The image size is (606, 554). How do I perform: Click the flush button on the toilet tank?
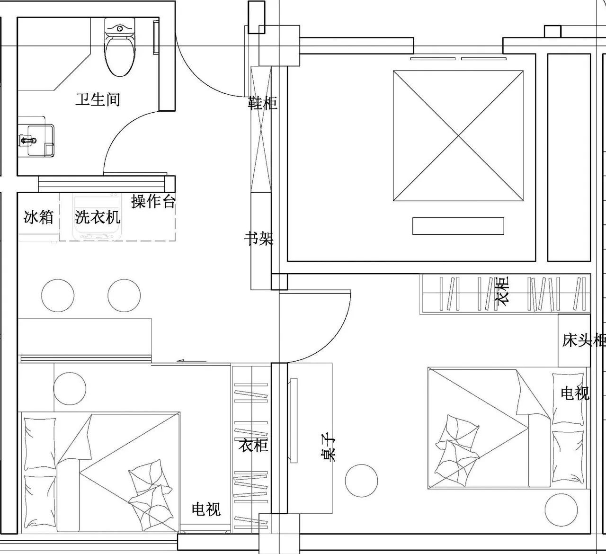(x=120, y=29)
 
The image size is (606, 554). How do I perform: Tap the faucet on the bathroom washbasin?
(x=28, y=140)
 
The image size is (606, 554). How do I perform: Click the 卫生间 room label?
(x=98, y=100)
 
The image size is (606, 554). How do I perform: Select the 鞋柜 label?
(x=262, y=103)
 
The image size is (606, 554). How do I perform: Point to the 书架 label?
(x=259, y=239)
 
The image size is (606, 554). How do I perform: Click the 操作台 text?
(x=153, y=201)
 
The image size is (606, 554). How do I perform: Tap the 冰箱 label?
(x=39, y=217)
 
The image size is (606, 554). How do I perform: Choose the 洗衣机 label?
(x=98, y=217)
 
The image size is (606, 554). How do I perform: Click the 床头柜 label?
(x=584, y=340)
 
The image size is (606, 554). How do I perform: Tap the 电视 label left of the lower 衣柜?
(x=206, y=509)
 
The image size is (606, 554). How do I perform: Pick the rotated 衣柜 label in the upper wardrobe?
(x=502, y=289)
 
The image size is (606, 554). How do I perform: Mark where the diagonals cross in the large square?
(x=458, y=136)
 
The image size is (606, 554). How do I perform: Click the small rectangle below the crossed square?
(x=458, y=226)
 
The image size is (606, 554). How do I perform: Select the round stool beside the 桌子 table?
(x=361, y=481)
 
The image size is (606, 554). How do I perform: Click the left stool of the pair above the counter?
(x=58, y=295)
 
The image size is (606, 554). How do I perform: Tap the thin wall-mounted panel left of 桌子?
(x=294, y=420)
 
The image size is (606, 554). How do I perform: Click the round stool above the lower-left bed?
(x=70, y=389)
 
